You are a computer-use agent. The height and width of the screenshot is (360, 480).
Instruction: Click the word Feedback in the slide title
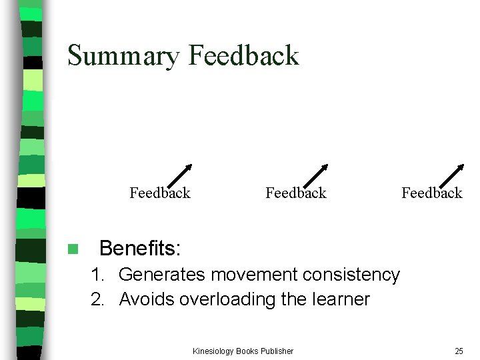coord(244,55)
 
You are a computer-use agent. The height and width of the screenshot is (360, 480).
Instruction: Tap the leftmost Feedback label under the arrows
coord(160,193)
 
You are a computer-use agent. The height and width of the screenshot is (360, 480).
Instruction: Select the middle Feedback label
coord(296,193)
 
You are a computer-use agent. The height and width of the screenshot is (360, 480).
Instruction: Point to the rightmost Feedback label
coord(432,193)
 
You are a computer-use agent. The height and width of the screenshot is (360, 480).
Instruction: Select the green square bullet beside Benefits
coord(73,249)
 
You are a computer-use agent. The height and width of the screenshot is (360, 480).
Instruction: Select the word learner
coord(340,299)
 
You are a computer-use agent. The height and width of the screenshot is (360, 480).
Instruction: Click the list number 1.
coord(97,275)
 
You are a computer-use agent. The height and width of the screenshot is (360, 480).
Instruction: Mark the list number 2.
coord(97,299)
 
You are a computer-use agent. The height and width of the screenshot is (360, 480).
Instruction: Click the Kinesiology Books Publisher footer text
coord(243,351)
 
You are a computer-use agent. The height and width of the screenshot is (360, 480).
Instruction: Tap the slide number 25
coord(459,351)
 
